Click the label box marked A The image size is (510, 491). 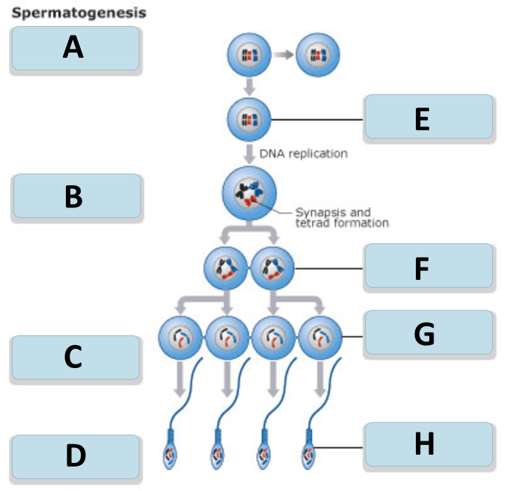point(76,48)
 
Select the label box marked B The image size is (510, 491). point(77,196)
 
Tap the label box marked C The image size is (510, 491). point(76,358)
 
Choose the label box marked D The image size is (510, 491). point(76,456)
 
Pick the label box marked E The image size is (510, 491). point(429,116)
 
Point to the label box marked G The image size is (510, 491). point(429,332)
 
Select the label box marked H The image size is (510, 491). point(429,444)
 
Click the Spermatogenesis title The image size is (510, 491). point(79,13)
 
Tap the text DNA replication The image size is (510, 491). point(303,153)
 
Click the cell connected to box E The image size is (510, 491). point(249,119)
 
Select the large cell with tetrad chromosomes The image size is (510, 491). point(250,193)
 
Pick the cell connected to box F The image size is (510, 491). point(273,268)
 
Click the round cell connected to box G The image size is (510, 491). point(320,338)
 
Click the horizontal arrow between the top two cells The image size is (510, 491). point(283,55)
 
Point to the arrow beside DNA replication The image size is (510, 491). point(250,154)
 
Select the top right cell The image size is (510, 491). point(318,55)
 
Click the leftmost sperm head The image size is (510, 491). point(170,455)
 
